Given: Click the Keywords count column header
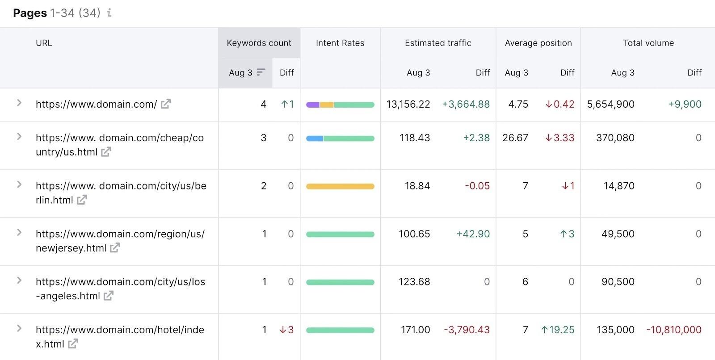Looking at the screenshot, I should click(x=259, y=43).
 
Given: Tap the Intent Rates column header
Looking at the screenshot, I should click(x=340, y=43).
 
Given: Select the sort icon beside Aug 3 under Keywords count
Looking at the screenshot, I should click(x=261, y=72).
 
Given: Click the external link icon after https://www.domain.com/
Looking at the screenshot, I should click(x=166, y=104).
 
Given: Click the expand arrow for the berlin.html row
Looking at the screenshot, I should click(x=19, y=184).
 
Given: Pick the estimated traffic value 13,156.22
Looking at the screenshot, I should click(x=408, y=104).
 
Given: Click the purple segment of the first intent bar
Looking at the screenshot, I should click(x=312, y=105).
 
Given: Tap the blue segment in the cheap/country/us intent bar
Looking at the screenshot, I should click(x=314, y=138).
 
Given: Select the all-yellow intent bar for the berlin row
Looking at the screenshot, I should click(x=340, y=186).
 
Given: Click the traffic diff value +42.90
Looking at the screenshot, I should click(x=473, y=234).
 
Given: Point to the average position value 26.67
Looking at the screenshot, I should click(x=515, y=138).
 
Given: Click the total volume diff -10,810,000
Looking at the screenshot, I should click(x=673, y=330).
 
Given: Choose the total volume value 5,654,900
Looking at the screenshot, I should click(x=610, y=104).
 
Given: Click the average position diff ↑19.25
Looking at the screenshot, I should click(x=557, y=330).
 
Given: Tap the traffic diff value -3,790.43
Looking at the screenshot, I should click(x=467, y=330).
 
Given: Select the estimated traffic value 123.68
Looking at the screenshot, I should click(x=414, y=282).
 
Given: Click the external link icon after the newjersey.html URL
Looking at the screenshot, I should click(x=115, y=248).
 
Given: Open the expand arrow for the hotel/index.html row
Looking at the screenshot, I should click(x=19, y=328).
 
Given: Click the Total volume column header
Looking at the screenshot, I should click(x=648, y=43).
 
